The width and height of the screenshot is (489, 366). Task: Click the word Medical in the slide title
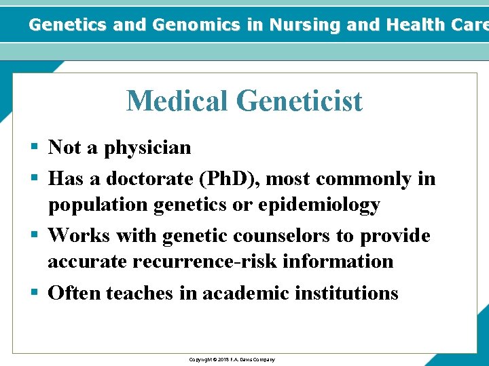click(177, 102)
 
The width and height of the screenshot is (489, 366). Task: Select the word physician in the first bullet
click(147, 148)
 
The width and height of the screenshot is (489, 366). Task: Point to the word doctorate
click(139, 179)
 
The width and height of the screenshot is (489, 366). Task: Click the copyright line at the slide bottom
click(232, 359)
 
